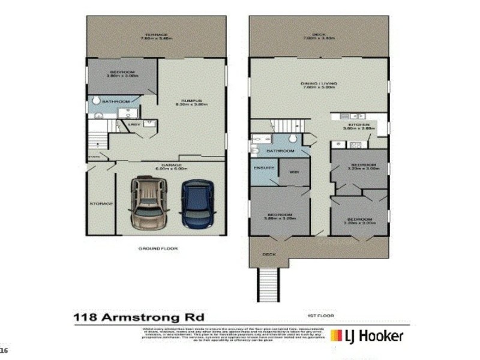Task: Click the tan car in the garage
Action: [148, 202]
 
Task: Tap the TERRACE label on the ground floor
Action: [156, 35]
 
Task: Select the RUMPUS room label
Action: [191, 100]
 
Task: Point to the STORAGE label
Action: [101, 204]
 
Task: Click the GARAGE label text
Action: [171, 164]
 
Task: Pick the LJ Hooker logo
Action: [367, 335]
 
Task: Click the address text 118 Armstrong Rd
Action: [139, 316]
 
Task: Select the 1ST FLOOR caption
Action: [316, 315]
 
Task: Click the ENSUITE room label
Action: [263, 167]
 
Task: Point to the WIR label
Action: [294, 172]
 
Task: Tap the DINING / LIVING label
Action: [319, 83]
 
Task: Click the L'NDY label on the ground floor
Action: [135, 124]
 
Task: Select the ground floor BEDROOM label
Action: [122, 73]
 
